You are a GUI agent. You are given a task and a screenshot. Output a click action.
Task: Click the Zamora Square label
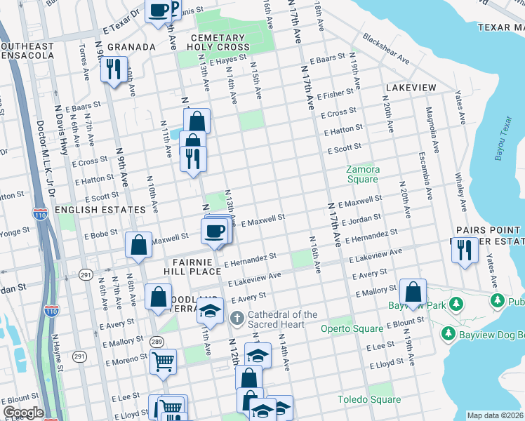[x=363, y=174]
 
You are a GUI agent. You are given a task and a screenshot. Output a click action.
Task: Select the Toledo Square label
[x=368, y=399]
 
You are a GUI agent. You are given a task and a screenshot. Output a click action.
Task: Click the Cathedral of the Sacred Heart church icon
[x=237, y=319]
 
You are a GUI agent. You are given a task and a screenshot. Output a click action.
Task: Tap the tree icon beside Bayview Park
[x=456, y=304]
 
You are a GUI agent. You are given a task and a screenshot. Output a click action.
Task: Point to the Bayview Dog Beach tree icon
[x=446, y=331]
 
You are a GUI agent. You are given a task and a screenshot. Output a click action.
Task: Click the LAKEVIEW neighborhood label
[x=411, y=88]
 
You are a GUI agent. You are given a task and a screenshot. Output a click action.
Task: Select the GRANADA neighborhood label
[x=131, y=47]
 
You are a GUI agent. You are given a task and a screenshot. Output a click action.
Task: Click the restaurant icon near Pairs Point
[x=463, y=250]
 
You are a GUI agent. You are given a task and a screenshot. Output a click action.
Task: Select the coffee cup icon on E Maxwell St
[x=215, y=231]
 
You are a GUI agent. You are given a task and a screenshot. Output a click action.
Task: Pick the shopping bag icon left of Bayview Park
[x=414, y=291]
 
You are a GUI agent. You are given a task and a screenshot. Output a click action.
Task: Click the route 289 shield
[x=155, y=341]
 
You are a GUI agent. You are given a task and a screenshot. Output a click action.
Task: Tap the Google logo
[x=22, y=413]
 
